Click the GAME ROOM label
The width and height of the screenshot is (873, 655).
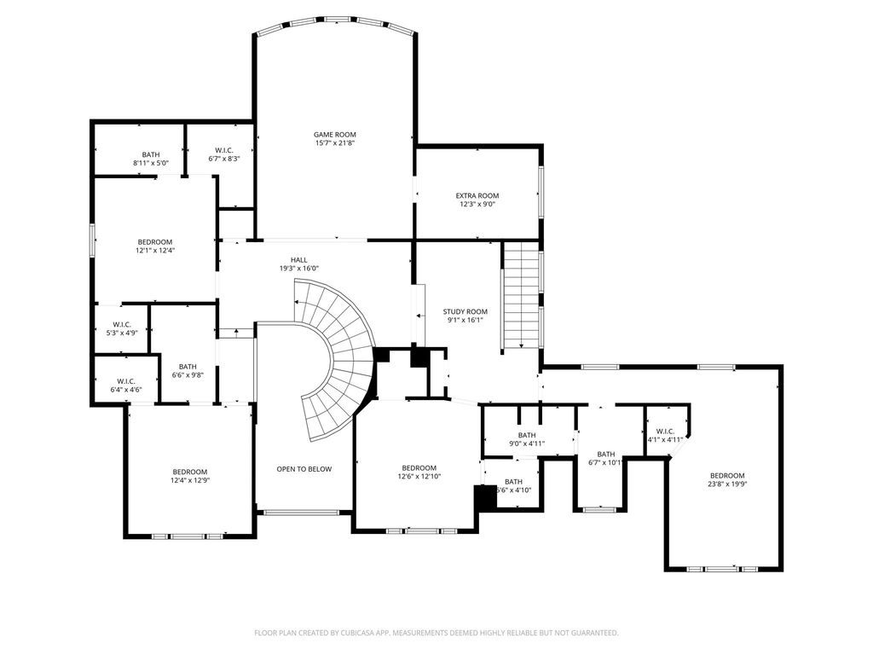click(334, 134)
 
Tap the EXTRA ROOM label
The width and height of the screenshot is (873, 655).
click(477, 195)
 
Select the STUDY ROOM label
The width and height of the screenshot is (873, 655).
click(465, 311)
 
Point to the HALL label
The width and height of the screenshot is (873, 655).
click(298, 259)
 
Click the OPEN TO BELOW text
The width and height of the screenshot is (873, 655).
click(304, 469)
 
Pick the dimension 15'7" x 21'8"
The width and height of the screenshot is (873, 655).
click(334, 143)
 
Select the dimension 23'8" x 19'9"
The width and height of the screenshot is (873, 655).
click(727, 484)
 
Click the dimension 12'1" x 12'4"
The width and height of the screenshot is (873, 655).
click(155, 251)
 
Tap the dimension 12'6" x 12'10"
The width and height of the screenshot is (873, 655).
click(419, 476)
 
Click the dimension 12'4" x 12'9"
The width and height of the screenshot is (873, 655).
click(190, 480)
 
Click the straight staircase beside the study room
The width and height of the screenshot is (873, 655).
click(522, 295)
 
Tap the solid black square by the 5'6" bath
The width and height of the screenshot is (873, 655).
click(485, 497)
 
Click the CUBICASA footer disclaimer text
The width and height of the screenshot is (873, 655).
click(436, 633)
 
